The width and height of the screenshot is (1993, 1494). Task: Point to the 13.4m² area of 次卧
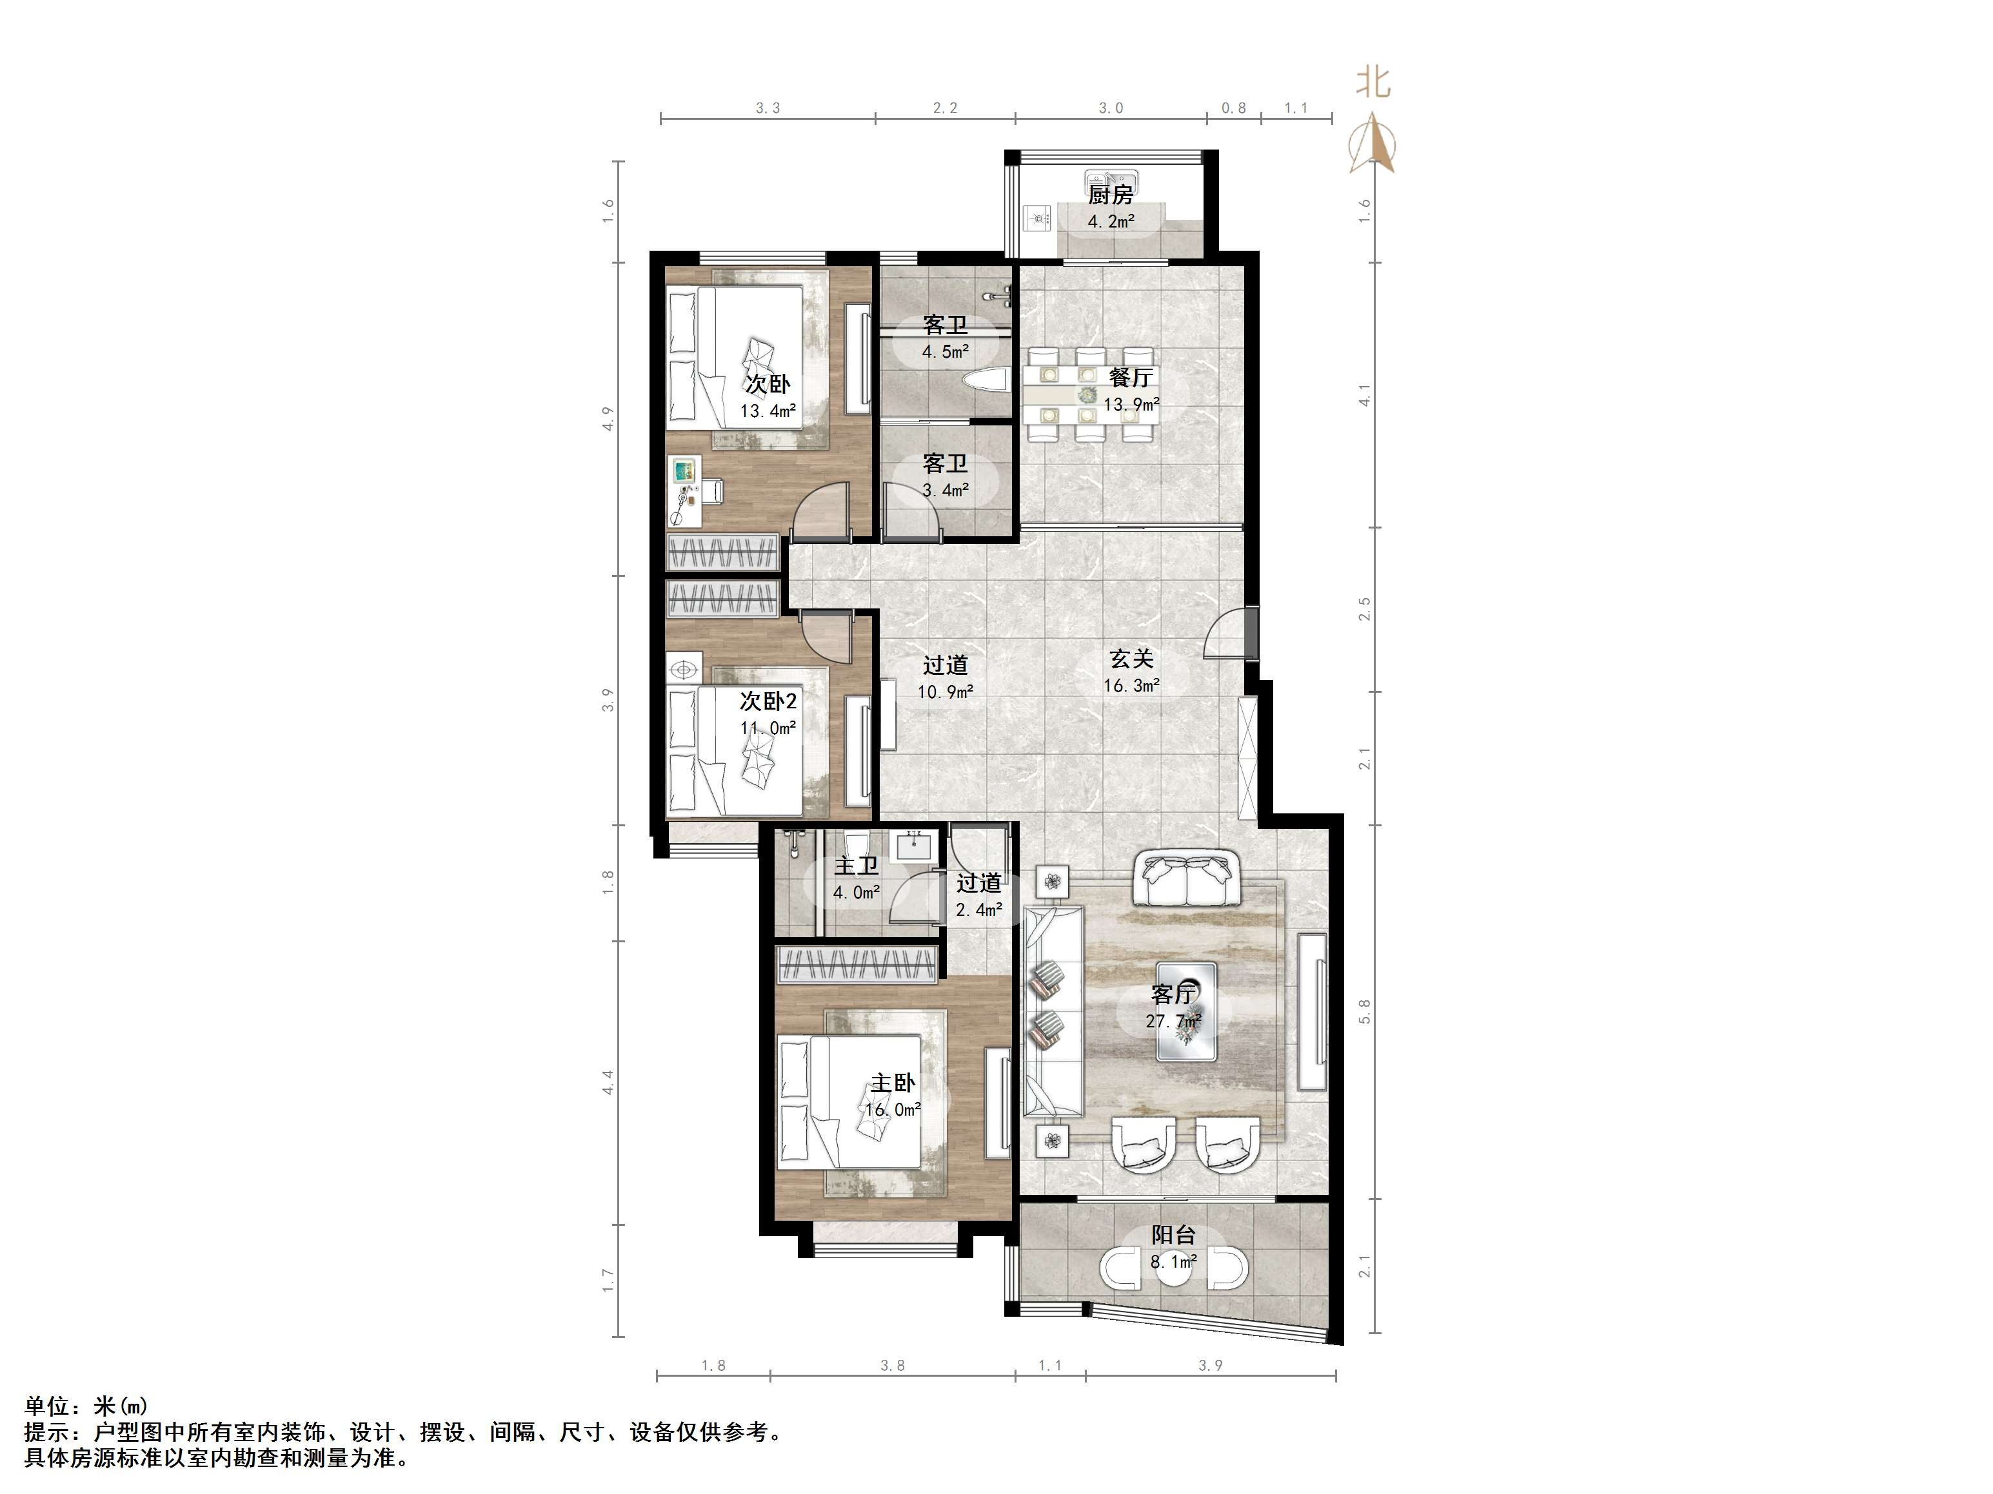tap(768, 412)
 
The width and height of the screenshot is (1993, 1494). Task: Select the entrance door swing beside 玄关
tap(1227, 634)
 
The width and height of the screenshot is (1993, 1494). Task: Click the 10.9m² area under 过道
tap(945, 692)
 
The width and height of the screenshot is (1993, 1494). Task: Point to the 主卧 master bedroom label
tap(893, 1083)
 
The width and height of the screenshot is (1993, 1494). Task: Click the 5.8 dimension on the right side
tap(1365, 1011)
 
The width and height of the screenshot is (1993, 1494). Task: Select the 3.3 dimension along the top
tap(768, 108)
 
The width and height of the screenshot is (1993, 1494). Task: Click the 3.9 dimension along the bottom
tap(1211, 1365)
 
